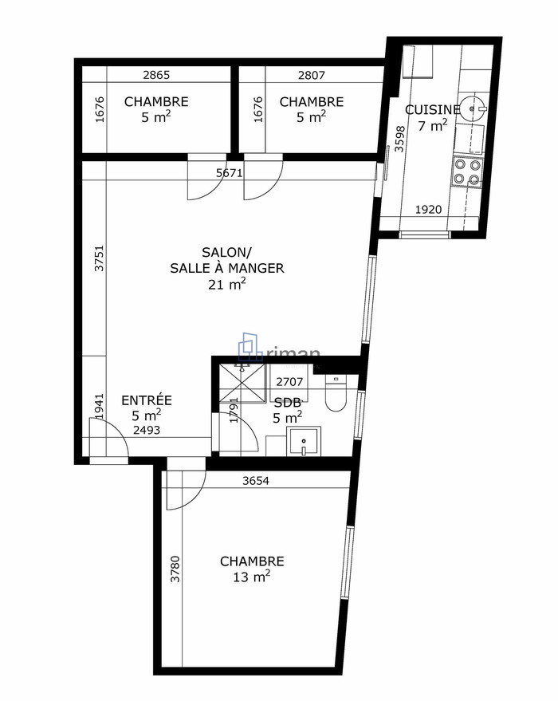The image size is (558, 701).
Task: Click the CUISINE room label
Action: point(432,110)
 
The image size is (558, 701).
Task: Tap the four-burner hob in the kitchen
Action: point(467,172)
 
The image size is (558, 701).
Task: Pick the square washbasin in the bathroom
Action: point(303,441)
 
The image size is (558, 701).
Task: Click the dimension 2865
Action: point(156,76)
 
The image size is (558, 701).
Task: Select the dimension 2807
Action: point(311,76)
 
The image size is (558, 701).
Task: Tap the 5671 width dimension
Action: point(229,172)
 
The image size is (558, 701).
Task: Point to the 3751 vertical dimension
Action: point(100,258)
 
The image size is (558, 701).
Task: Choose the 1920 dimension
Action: point(430,209)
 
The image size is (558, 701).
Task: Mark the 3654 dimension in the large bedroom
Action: point(256,481)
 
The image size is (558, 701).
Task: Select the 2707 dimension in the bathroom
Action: point(289,381)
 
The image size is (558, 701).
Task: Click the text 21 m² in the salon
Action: point(226,284)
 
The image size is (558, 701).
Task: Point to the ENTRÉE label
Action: point(146,400)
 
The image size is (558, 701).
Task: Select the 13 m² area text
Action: point(251,577)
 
